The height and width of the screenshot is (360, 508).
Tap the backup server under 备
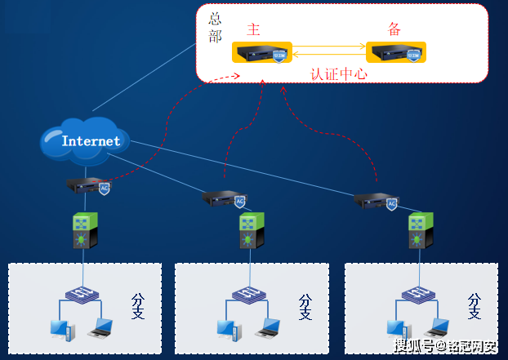(x=396, y=53)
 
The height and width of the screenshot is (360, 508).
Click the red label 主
(x=254, y=30)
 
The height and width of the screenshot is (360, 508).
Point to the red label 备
(x=395, y=30)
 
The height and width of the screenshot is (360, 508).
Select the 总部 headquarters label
(x=214, y=28)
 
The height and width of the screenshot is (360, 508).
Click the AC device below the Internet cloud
(x=87, y=186)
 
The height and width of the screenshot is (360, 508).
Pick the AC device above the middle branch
(x=223, y=199)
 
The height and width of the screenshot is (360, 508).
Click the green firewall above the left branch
(x=84, y=230)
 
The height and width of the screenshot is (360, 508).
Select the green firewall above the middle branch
(x=251, y=231)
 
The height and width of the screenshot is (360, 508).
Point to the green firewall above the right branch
(x=419, y=230)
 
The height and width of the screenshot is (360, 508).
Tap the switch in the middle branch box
(x=247, y=294)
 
